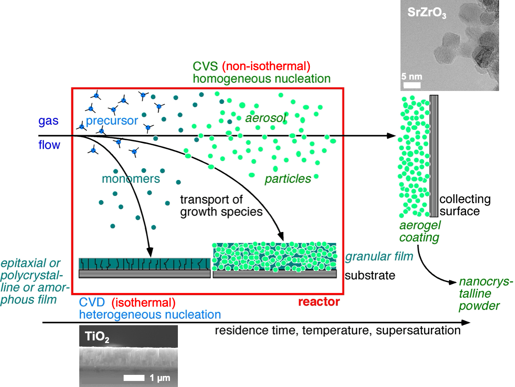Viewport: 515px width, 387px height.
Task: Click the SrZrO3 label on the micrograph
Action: (x=427, y=13)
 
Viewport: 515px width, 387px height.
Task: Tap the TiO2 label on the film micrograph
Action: (x=97, y=337)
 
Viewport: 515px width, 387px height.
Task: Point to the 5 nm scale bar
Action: (x=411, y=85)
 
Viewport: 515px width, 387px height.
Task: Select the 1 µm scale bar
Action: (x=134, y=378)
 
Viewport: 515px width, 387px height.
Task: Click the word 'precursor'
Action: (x=112, y=121)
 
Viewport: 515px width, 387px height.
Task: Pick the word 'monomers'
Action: (x=131, y=179)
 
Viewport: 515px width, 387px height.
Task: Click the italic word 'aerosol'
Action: (x=265, y=118)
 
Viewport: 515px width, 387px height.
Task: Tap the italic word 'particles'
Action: (x=287, y=179)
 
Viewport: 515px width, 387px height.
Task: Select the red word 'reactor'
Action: (x=319, y=302)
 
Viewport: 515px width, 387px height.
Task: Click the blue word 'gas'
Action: (x=49, y=121)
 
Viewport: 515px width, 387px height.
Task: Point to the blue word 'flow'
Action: (x=49, y=145)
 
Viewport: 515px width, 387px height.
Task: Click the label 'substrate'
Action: (x=370, y=276)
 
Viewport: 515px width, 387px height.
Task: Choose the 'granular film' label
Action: (x=379, y=257)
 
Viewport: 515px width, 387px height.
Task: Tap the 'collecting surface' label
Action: (x=465, y=205)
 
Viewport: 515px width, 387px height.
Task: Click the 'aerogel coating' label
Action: (x=420, y=231)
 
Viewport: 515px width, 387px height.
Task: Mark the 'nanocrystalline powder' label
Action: (x=485, y=294)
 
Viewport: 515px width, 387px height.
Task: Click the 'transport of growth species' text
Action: (x=221, y=205)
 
